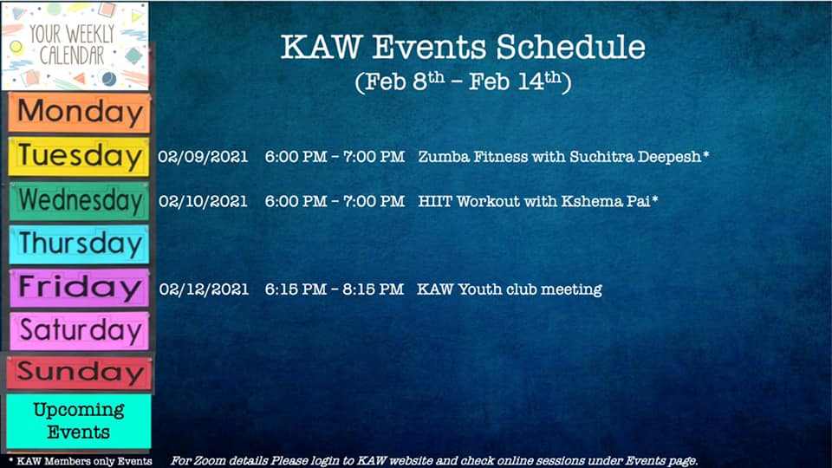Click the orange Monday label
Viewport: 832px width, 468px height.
[79, 113]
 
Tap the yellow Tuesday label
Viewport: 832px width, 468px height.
[79, 157]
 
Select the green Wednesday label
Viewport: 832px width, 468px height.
[79, 200]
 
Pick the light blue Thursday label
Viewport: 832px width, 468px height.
[79, 244]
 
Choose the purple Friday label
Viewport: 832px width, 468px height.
[79, 288]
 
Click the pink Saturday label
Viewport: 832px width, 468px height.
[79, 330]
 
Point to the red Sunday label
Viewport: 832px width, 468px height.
[79, 372]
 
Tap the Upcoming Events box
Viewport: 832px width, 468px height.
[79, 421]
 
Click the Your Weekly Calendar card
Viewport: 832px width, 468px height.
[75, 46]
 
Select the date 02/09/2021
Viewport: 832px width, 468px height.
[203, 157]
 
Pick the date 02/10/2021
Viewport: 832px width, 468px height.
[203, 202]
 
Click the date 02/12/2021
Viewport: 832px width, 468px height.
[203, 289]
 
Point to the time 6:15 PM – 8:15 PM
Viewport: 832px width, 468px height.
[335, 289]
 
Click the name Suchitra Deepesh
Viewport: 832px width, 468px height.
[635, 157]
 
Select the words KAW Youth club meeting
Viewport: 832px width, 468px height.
[510, 289]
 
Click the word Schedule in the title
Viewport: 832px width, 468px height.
[571, 47]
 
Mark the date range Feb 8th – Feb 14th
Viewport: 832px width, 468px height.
[463, 81]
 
